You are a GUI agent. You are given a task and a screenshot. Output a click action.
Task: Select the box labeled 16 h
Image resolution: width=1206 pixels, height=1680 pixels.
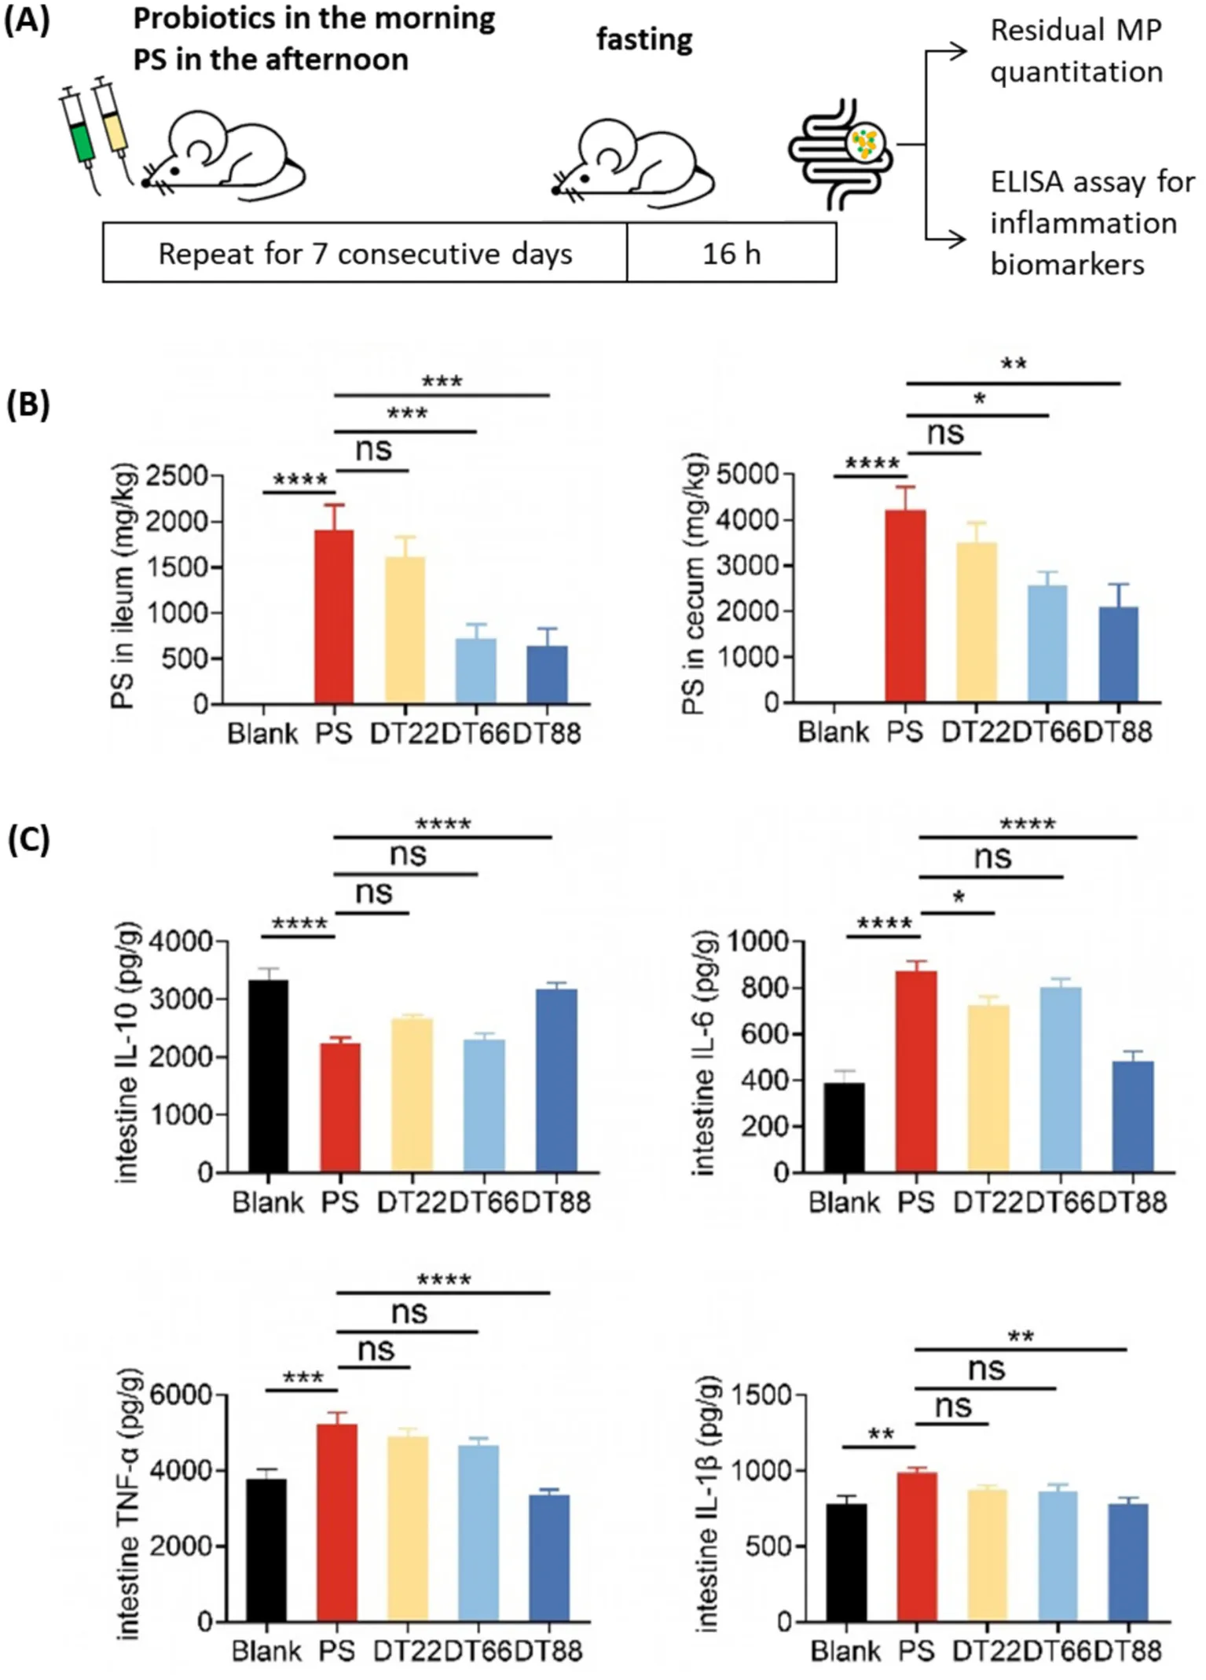[x=731, y=253]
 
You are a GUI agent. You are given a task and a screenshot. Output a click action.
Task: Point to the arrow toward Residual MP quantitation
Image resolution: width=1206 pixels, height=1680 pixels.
[x=947, y=52]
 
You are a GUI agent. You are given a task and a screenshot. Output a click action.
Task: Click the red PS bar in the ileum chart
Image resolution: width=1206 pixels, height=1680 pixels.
[x=334, y=617]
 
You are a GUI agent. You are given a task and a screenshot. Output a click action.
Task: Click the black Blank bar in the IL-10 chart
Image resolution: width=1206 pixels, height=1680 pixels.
[x=268, y=1076]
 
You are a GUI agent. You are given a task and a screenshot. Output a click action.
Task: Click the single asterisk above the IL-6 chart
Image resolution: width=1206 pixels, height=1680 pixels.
[x=959, y=897]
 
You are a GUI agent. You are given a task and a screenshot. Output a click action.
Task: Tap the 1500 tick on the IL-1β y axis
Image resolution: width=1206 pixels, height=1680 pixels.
[x=761, y=1396]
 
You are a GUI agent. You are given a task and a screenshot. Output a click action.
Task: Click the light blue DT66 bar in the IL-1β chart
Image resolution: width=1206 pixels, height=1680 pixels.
[x=1058, y=1556]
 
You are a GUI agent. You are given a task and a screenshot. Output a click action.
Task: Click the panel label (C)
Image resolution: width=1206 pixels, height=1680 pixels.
[x=28, y=840]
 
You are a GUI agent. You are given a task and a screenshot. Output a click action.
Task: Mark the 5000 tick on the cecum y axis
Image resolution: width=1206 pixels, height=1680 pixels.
[x=747, y=475]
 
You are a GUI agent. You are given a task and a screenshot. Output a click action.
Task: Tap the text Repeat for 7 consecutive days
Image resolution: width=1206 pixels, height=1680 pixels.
[x=365, y=253]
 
